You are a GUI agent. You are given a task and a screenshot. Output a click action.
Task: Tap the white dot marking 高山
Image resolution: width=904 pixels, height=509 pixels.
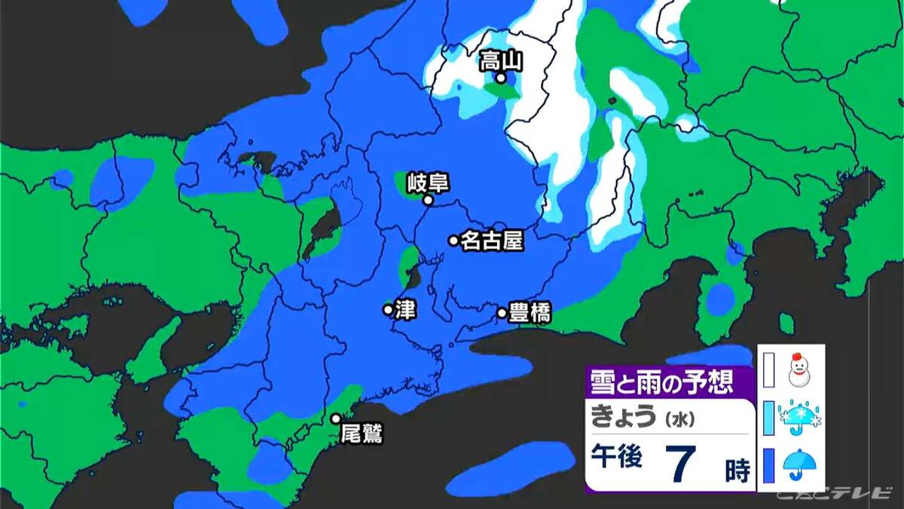pyautogui.click(x=500, y=78)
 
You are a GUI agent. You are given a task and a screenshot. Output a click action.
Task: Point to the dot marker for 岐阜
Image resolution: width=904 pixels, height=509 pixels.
pyautogui.click(x=427, y=201)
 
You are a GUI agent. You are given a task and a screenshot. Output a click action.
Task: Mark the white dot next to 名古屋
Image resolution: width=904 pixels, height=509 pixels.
pyautogui.click(x=454, y=241)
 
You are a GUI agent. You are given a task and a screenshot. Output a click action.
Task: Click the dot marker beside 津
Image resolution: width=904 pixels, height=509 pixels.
pyautogui.click(x=388, y=309)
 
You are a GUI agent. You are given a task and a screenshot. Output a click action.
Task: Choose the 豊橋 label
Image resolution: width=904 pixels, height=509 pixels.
pyautogui.click(x=530, y=312)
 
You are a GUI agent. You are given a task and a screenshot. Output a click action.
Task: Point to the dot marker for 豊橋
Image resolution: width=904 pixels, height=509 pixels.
pyautogui.click(x=502, y=312)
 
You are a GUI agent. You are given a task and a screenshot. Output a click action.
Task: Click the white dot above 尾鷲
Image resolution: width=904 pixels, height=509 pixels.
pyautogui.click(x=336, y=419)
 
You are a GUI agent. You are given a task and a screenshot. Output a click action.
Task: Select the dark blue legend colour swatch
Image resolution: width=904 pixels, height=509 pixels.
pyautogui.click(x=769, y=465)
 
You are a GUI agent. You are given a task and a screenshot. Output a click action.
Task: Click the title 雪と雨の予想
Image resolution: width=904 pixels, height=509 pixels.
pyautogui.click(x=660, y=382)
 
